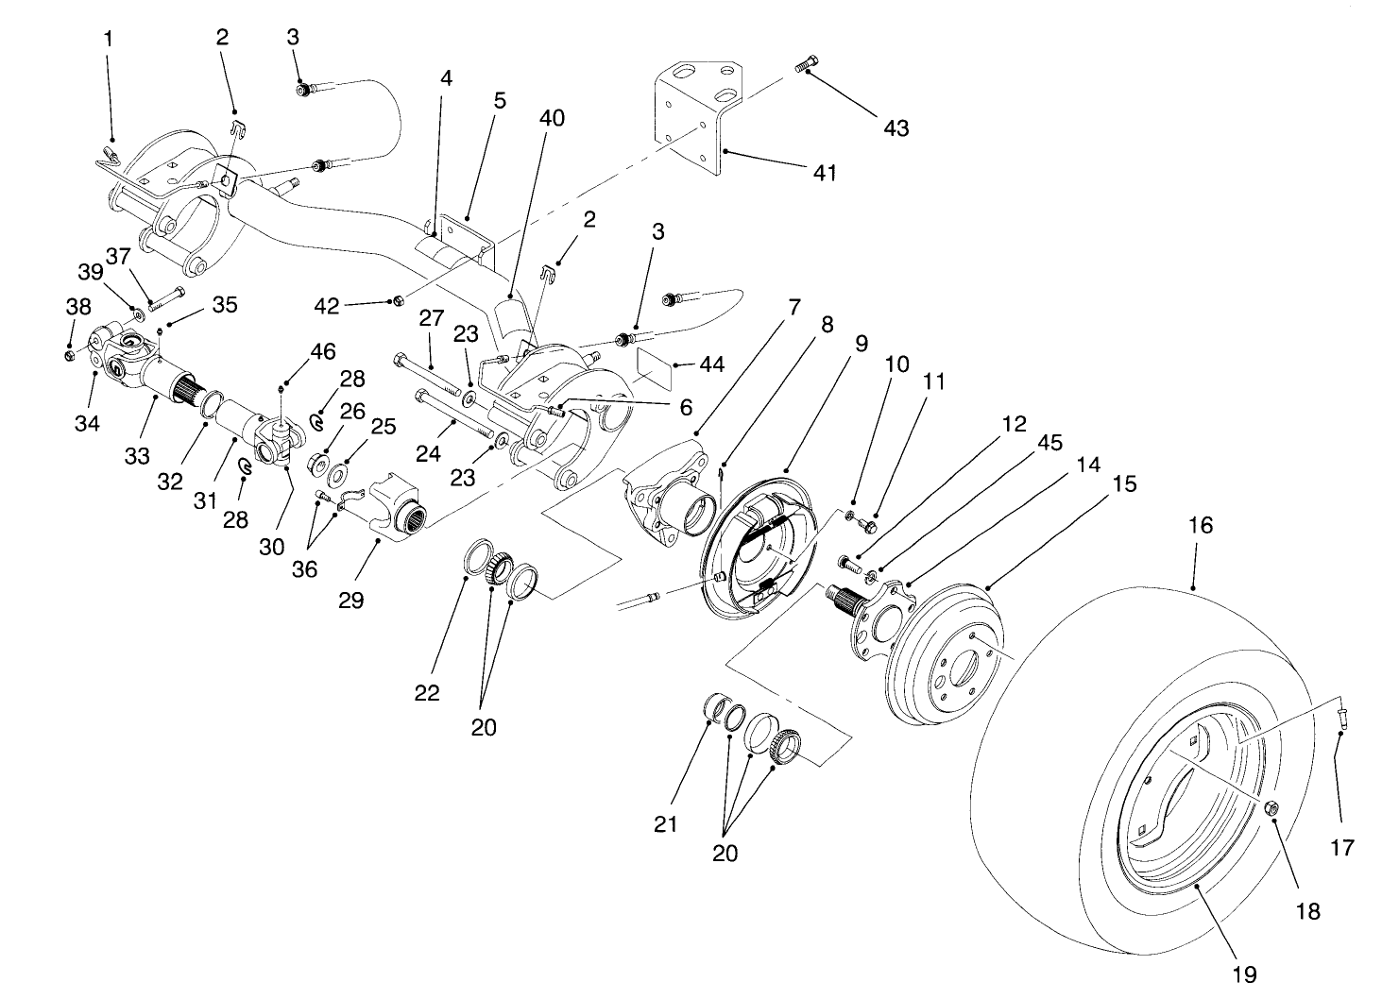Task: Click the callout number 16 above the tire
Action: coord(1200,525)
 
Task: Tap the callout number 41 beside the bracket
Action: coord(825,173)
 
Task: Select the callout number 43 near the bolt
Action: coord(896,127)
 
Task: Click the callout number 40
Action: coord(552,118)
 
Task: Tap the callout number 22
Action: coord(427,692)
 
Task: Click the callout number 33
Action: coord(137,456)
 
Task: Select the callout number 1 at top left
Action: coord(108,39)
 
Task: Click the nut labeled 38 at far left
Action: coord(72,355)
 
